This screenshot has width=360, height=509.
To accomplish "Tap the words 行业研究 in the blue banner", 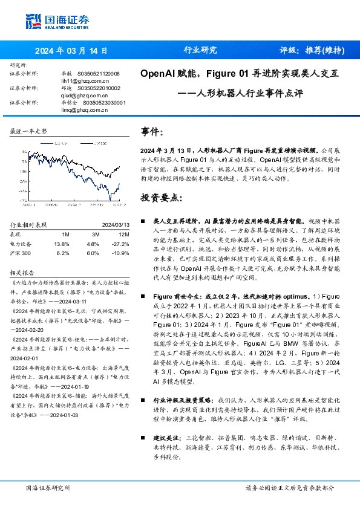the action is pos(200,51).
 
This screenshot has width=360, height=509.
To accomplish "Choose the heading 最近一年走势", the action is pos(29,131).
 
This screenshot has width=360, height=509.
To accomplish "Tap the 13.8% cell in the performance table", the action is pos(62,244).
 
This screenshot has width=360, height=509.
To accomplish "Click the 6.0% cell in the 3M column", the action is pos(93,253).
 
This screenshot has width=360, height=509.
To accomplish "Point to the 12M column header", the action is pos(123,234).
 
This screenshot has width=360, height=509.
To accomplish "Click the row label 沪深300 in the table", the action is pos(21,253).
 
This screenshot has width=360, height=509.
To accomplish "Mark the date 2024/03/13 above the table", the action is pos(115,225).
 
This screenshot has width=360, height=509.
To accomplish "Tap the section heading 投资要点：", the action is pos(161,198).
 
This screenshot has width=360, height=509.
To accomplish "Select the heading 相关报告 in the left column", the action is pos(24,272).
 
